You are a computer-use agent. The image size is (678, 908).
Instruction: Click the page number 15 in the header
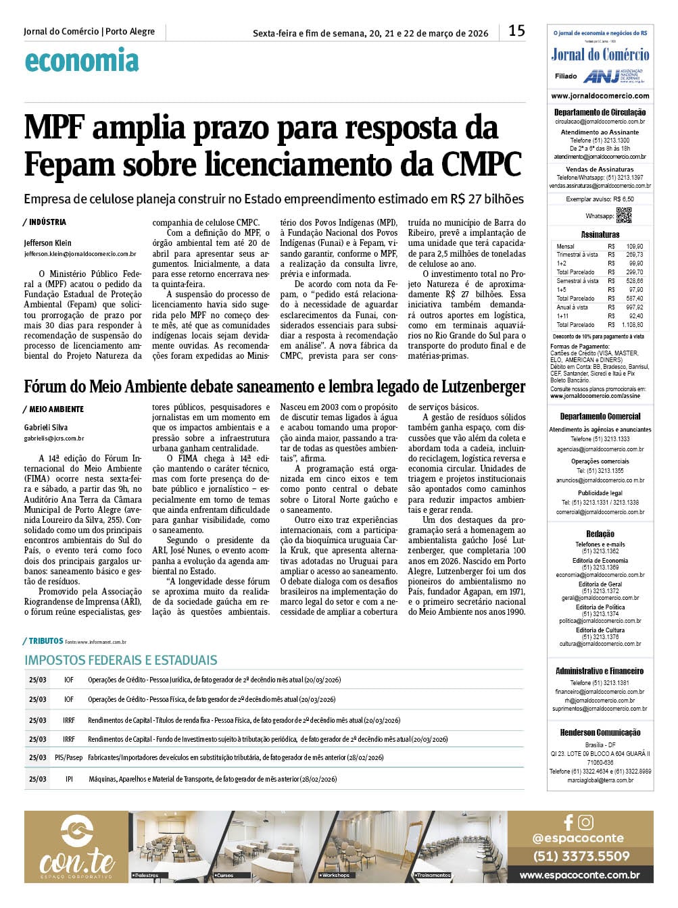click(x=516, y=31)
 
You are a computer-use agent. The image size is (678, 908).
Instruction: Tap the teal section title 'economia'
click(x=81, y=61)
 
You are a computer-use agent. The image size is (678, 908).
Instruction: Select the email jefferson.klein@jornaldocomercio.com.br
click(x=80, y=254)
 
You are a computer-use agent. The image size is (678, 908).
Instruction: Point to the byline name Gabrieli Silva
click(x=46, y=427)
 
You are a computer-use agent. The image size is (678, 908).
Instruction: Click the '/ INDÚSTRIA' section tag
click(x=45, y=222)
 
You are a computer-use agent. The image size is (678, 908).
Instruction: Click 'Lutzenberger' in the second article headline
click(x=474, y=387)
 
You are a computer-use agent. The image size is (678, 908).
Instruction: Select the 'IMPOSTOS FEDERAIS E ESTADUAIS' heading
click(x=121, y=660)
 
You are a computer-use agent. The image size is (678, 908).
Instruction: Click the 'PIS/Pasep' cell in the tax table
click(x=69, y=757)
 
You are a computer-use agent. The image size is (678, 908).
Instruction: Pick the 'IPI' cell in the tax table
click(x=69, y=779)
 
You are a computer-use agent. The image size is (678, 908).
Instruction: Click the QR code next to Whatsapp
click(x=623, y=216)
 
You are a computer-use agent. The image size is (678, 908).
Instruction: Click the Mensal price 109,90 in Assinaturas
click(x=634, y=247)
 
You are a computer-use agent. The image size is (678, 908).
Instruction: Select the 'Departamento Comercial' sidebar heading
click(x=600, y=417)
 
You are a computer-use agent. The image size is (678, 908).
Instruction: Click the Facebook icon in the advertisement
click(x=568, y=822)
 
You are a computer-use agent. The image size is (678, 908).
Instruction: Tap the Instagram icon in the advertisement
click(x=586, y=822)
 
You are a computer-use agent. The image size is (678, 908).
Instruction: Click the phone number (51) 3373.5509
click(x=581, y=856)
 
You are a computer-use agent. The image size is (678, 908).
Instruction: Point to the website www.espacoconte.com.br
click(x=579, y=875)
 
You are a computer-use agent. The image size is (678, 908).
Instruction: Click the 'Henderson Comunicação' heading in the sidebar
click(x=600, y=732)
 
